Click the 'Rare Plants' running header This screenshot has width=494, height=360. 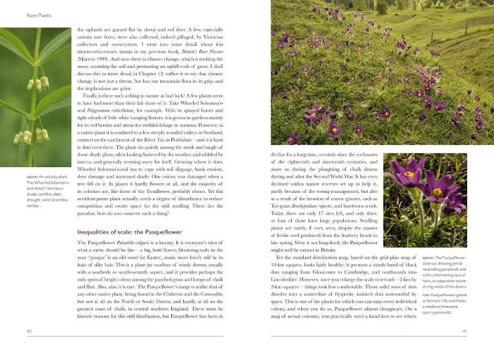[20, 14]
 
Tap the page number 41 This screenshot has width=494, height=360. [464, 349]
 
